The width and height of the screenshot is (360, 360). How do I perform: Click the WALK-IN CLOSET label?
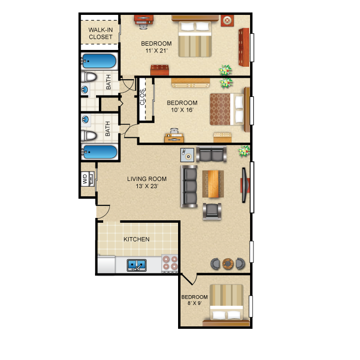(101, 33)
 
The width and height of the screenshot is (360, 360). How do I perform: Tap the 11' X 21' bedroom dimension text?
(156, 51)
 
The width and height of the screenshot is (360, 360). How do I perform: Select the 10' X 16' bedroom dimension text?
(182, 110)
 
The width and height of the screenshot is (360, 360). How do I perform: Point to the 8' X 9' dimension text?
(194, 303)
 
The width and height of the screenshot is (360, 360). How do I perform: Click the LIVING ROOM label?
(147, 179)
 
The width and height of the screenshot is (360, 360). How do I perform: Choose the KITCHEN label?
(136, 239)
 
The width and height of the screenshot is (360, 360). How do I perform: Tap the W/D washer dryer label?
(84, 179)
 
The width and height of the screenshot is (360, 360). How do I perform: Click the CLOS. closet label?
(143, 97)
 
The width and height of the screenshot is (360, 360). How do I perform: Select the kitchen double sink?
(137, 265)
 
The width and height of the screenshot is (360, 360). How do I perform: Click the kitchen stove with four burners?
(170, 263)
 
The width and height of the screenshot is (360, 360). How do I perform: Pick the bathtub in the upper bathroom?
(99, 61)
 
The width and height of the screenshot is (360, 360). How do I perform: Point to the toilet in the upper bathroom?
(89, 77)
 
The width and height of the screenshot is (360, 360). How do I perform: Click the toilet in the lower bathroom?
(89, 135)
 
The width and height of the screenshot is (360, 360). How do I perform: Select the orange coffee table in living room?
(214, 184)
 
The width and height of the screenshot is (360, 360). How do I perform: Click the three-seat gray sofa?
(189, 186)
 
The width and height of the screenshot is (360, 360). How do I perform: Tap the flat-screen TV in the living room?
(245, 185)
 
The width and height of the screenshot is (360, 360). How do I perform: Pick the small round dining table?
(228, 264)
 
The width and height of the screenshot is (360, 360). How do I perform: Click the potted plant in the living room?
(244, 151)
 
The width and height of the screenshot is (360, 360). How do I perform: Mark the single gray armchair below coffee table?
(212, 211)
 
